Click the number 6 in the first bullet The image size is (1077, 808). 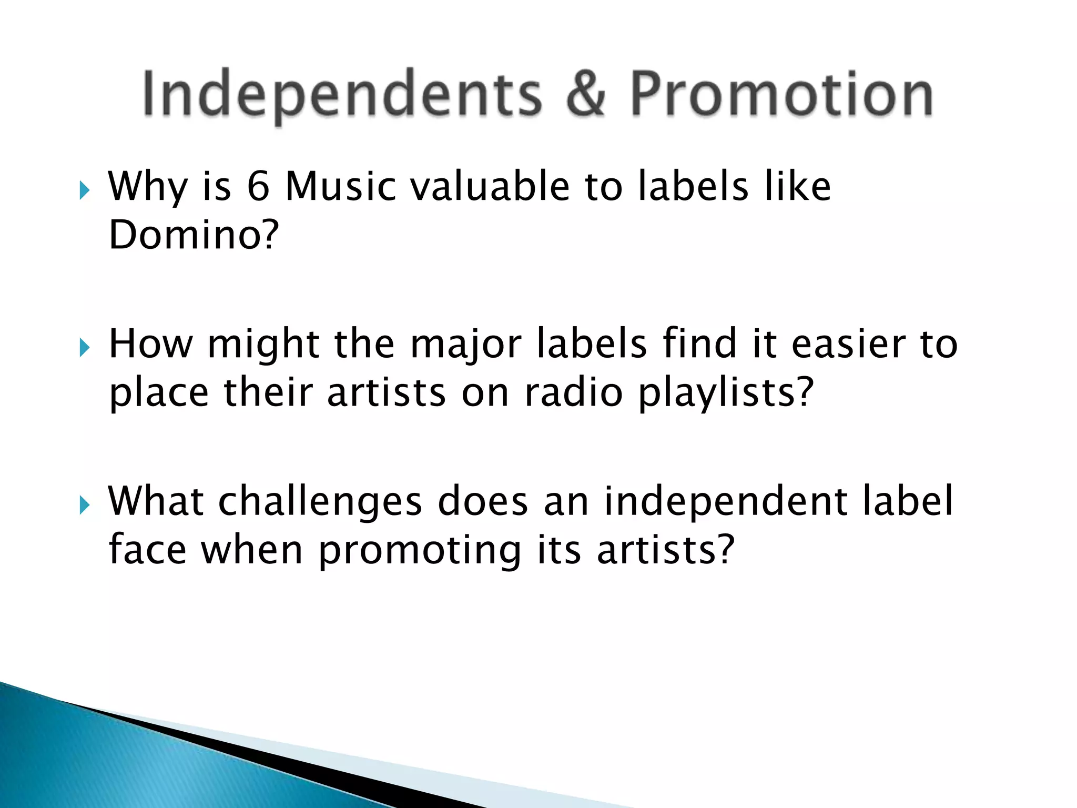pos(258,187)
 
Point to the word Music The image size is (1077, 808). pos(341,187)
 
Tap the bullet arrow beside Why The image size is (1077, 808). pos(85,190)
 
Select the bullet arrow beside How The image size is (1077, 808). pos(85,348)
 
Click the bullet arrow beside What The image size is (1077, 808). pos(85,506)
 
